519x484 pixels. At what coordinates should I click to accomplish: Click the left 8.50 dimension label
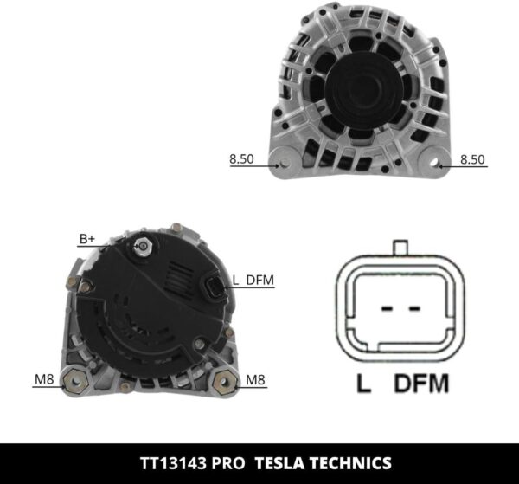(241, 159)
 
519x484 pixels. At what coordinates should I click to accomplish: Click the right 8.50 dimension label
(472, 159)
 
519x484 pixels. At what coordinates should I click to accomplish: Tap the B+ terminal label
(87, 238)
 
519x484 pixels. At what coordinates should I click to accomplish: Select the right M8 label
(255, 378)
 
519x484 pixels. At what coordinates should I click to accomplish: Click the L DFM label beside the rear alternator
(253, 280)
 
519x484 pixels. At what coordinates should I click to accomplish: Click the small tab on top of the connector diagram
(400, 248)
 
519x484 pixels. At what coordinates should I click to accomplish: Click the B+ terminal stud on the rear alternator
(140, 248)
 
